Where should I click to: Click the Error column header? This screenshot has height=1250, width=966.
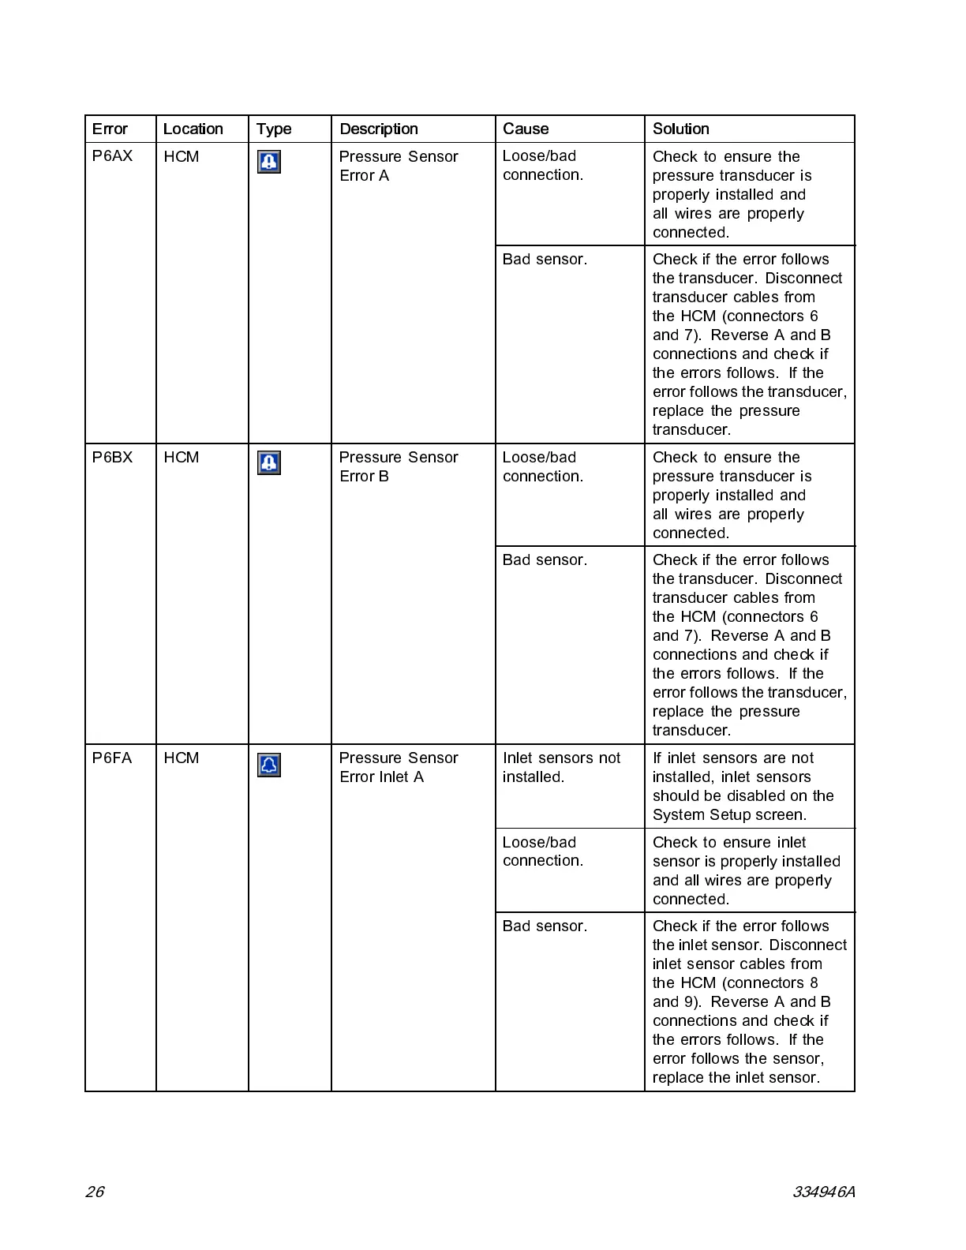coord(110,129)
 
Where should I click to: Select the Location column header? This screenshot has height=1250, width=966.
coord(193,129)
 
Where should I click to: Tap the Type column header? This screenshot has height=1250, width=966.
coord(273,129)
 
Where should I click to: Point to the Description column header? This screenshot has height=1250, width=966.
coord(379,129)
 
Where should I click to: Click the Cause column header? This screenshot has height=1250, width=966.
coord(526,129)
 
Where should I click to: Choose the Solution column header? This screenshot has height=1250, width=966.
coord(680,129)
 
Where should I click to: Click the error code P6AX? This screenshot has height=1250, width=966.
coord(112,156)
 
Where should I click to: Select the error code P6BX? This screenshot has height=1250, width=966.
coord(112,458)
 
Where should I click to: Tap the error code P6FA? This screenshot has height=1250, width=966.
coord(112,758)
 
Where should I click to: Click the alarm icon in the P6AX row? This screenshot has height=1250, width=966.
coord(269,163)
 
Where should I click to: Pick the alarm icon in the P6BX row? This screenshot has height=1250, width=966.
coord(269,463)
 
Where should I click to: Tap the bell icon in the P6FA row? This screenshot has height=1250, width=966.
coord(269,765)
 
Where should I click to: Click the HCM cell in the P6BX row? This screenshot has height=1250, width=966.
coord(181,458)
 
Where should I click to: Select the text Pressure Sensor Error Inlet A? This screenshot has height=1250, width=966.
coord(398,767)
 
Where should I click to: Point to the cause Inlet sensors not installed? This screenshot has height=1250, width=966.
coord(561,767)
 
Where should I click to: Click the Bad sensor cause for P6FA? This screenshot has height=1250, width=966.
coord(545,926)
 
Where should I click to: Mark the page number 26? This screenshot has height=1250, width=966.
coord(95,1192)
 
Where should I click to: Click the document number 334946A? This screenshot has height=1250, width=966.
coord(823,1192)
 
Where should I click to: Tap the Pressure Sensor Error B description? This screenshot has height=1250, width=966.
coord(398,466)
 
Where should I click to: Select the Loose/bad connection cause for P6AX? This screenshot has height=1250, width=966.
coord(542,166)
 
